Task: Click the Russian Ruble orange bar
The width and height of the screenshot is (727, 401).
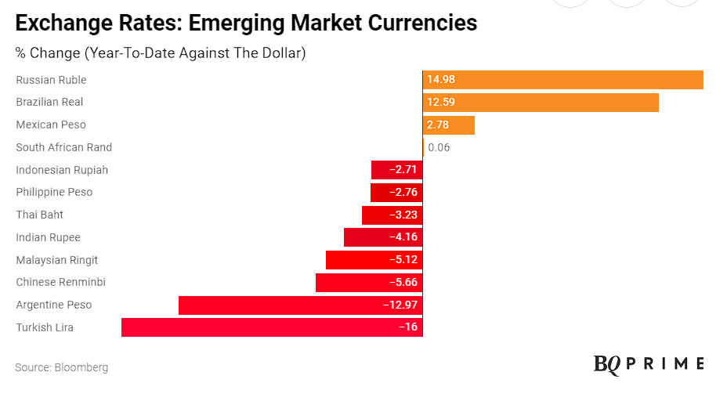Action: [562, 80]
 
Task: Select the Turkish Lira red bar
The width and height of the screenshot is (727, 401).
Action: [272, 327]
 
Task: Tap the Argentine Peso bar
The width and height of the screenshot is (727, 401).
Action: [300, 305]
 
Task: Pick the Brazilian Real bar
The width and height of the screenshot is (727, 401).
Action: [541, 103]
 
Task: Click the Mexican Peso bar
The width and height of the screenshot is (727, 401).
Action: [449, 125]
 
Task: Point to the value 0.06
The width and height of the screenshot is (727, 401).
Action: [439, 147]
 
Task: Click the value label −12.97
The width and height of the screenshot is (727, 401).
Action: [400, 305]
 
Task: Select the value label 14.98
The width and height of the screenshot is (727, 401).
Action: [441, 80]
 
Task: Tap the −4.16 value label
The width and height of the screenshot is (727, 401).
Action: [403, 237]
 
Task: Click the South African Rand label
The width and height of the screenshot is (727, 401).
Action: [64, 147]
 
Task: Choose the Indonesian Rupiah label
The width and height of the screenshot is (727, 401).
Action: [62, 170]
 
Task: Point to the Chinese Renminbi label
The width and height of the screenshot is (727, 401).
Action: [60, 282]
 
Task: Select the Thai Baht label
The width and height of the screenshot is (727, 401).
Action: [40, 215]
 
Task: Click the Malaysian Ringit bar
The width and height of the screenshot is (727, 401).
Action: [374, 260]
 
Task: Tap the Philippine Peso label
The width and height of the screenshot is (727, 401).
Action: [54, 192]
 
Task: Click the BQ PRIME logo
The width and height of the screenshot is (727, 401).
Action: [649, 363]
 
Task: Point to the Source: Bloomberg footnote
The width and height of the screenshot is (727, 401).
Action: [62, 367]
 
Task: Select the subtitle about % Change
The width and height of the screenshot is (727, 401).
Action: [161, 53]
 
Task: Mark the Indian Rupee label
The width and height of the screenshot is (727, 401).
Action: [48, 237]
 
